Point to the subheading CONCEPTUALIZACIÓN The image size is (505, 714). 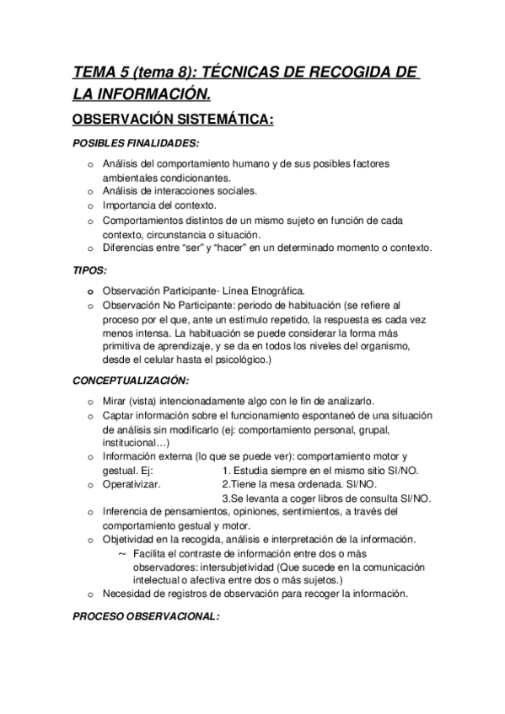pos(130,381)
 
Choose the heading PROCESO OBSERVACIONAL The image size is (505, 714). pos(145,615)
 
